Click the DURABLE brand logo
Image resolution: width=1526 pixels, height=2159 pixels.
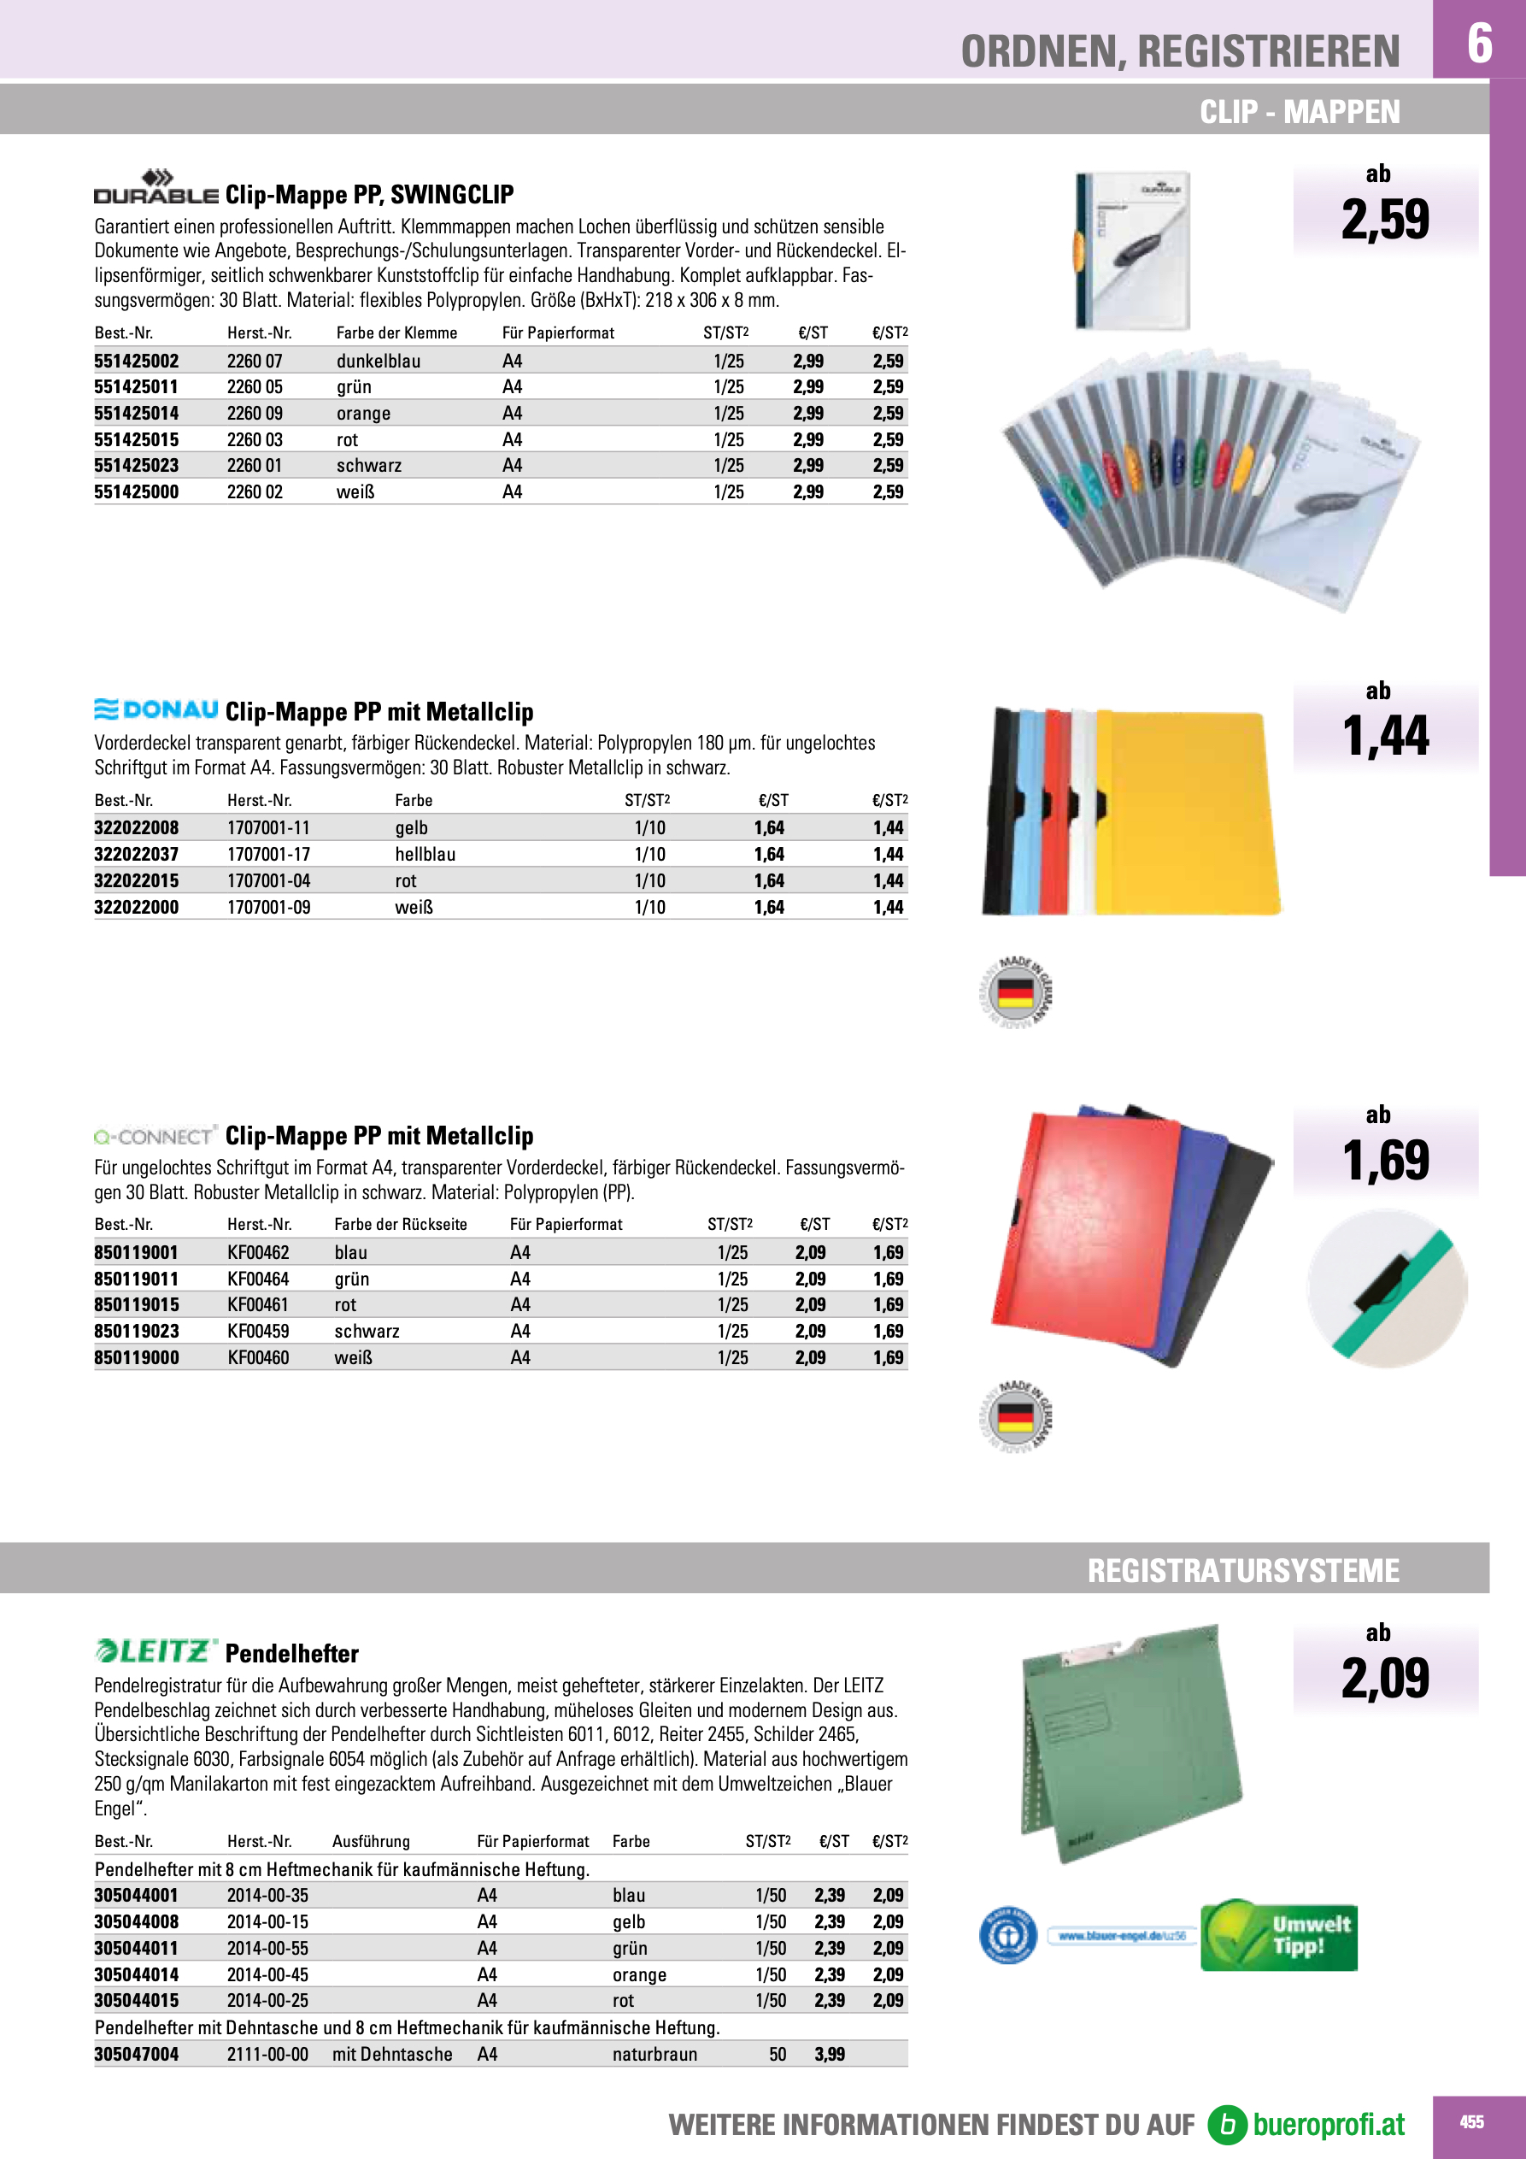click(156, 188)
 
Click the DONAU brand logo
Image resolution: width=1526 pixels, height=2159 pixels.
click(156, 709)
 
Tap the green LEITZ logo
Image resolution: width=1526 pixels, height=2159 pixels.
click(156, 1651)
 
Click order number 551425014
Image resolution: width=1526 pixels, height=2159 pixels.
click(137, 413)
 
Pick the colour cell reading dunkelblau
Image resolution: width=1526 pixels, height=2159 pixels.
click(378, 361)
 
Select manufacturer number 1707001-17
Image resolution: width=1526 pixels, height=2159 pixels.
click(268, 854)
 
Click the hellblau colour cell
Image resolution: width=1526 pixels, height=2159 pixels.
click(425, 854)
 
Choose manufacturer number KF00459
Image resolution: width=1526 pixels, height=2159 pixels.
click(258, 1331)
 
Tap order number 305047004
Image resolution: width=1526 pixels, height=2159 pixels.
click(137, 2054)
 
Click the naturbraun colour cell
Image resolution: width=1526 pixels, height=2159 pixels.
click(654, 2054)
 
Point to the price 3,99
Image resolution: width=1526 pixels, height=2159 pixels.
click(830, 2054)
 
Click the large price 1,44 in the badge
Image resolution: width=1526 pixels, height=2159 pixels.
click(1385, 735)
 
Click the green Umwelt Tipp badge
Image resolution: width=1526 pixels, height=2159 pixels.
click(1279, 1935)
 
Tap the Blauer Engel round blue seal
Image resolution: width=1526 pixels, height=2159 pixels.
click(1008, 1935)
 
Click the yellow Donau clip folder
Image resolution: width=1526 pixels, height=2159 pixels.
click(1189, 814)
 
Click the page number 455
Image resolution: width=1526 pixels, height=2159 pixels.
click(1471, 2121)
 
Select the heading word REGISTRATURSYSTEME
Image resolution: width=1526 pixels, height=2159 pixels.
click(1243, 1570)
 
